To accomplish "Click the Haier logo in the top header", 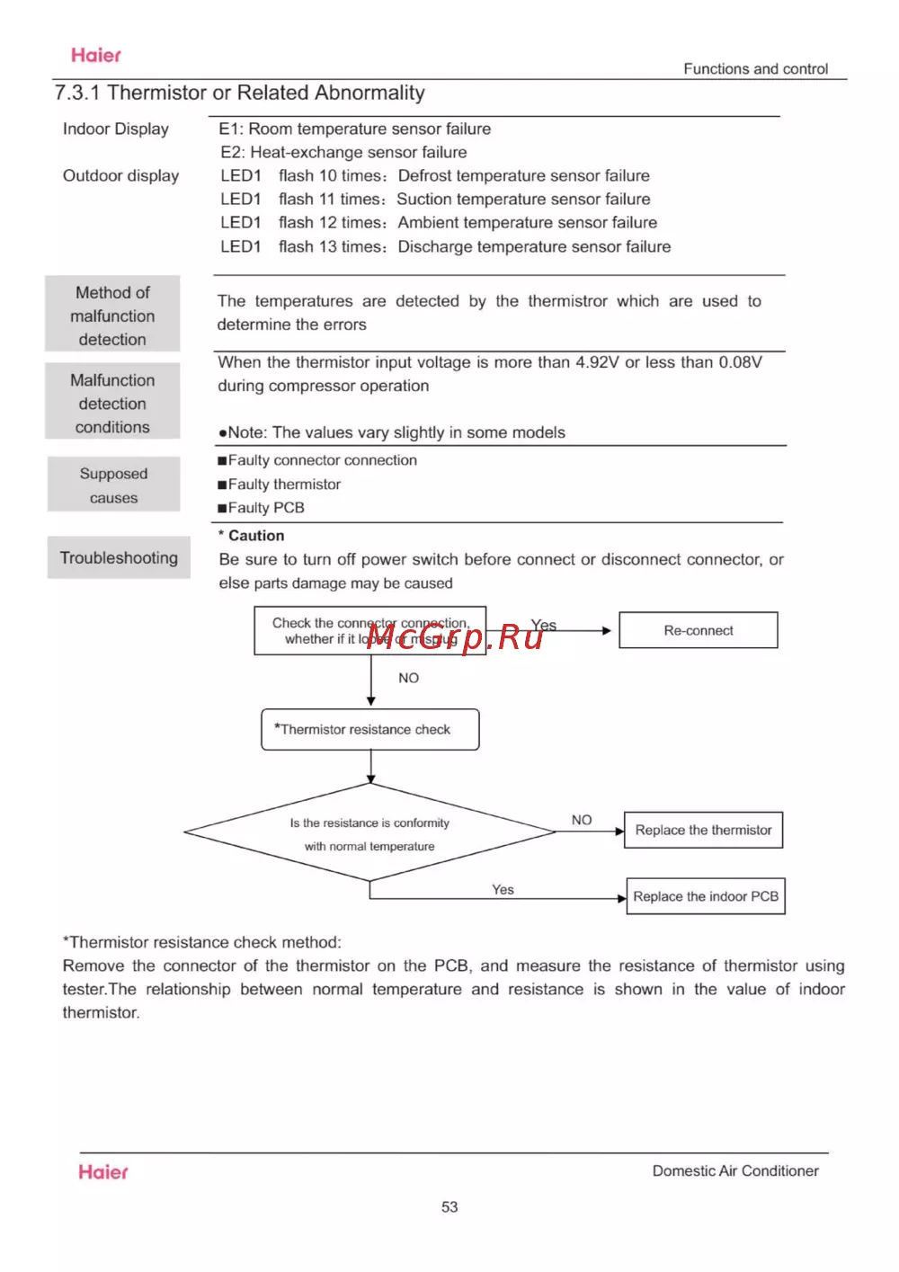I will tap(96, 56).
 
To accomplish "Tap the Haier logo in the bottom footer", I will tap(103, 1172).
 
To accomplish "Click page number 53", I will tap(449, 1207).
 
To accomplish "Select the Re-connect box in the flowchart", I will tap(699, 630).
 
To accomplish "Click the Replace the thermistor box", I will tap(704, 830).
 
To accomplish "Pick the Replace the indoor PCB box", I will tap(706, 896).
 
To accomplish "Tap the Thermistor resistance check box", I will tap(370, 729).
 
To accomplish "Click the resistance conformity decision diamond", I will tap(369, 833).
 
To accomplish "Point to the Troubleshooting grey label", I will tap(119, 557).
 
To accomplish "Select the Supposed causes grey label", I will tap(113, 485).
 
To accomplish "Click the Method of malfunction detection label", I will tap(112, 315).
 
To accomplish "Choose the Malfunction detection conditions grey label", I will tap(112, 403).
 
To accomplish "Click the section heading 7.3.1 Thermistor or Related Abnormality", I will tap(239, 93).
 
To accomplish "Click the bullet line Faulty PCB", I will tap(265, 508).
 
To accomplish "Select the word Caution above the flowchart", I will tap(255, 536).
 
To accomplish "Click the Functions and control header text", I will tap(755, 69).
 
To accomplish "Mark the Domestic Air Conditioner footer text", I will tap(735, 1170).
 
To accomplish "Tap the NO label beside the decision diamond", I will tap(582, 820).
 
